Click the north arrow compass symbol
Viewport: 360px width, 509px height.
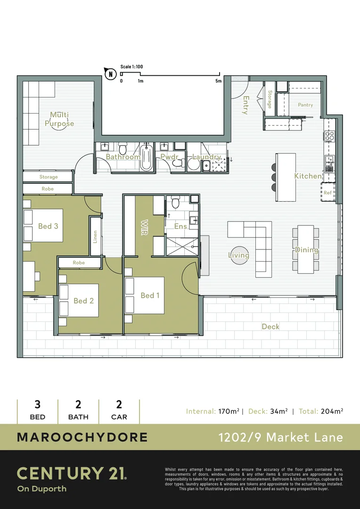coord(110,73)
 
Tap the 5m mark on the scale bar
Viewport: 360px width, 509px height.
coord(218,81)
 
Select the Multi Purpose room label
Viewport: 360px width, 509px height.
coord(59,119)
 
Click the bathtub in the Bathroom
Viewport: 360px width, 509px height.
coord(146,157)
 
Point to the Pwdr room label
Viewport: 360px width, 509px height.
coord(169,156)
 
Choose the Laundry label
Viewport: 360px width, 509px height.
coord(206,156)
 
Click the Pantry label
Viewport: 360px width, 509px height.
coord(305,105)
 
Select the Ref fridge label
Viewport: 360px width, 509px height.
coord(327,193)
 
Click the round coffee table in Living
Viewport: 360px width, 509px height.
coord(239,255)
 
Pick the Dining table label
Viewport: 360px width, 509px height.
coord(306,250)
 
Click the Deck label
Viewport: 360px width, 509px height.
coord(270,327)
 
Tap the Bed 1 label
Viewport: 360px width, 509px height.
coord(150,296)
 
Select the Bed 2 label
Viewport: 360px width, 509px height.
coord(83,301)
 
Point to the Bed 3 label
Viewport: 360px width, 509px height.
coord(48,226)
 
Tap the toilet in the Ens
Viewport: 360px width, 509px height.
coord(175,203)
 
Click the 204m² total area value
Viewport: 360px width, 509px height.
coord(332,411)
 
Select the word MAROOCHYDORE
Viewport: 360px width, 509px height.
coord(82,437)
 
